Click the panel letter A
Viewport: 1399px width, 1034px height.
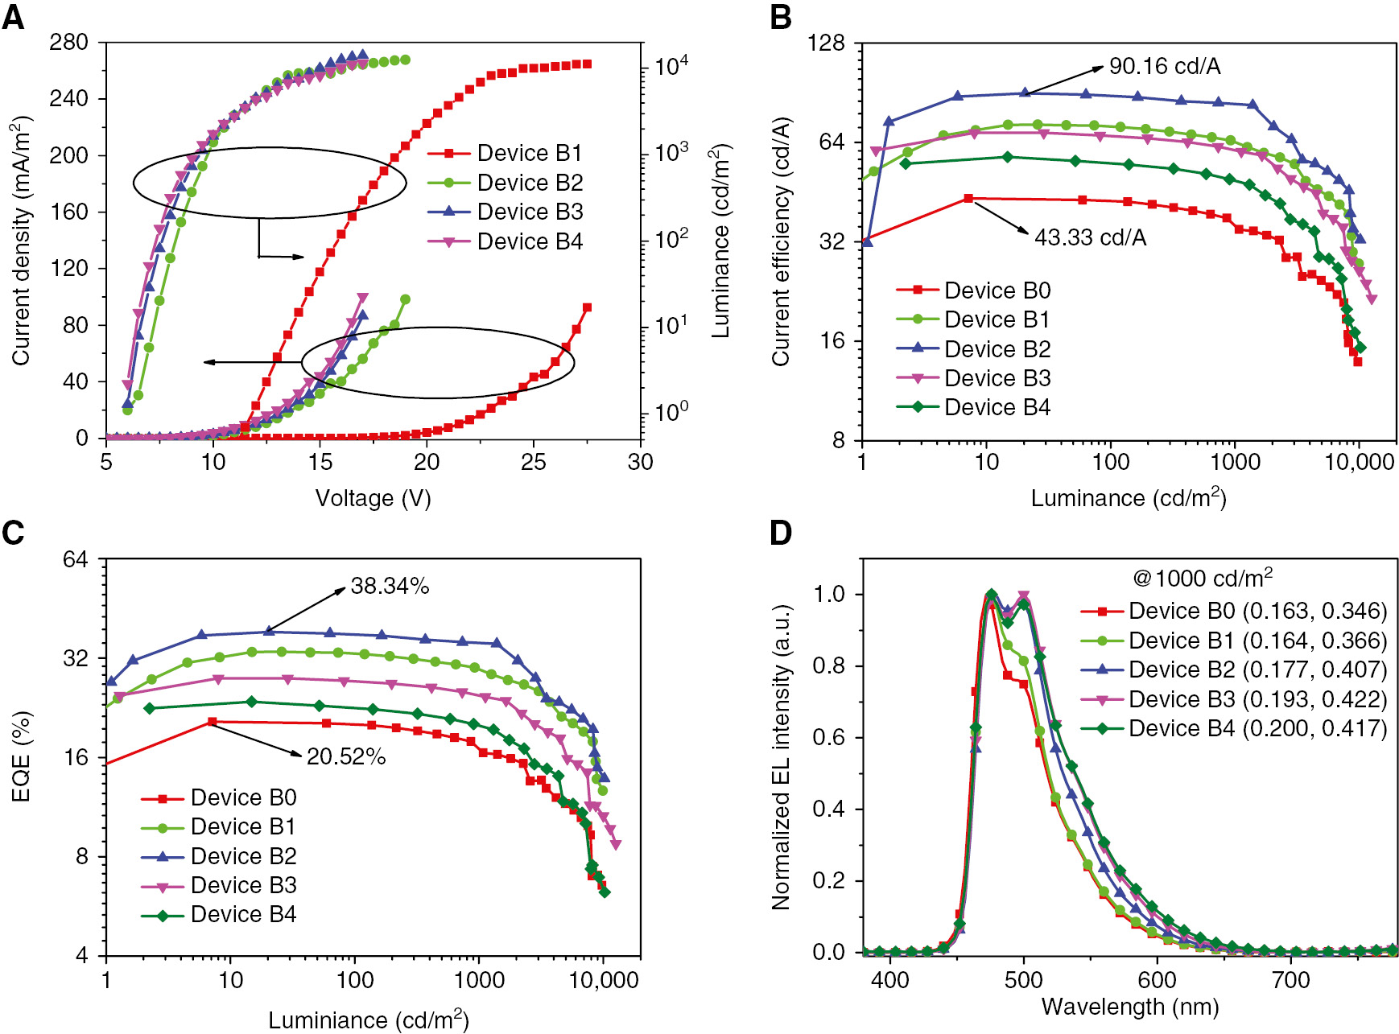pos(14,17)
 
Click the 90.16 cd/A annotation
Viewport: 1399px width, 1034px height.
pos(1164,67)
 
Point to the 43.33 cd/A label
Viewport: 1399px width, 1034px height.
pos(1090,237)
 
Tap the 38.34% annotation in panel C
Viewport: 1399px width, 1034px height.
pos(390,587)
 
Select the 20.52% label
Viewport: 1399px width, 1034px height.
pos(346,757)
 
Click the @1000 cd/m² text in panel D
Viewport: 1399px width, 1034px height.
pos(1203,579)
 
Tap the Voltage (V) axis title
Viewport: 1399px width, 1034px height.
pos(373,498)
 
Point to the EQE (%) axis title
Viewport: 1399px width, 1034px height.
pos(22,756)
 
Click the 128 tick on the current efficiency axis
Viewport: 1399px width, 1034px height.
pos(827,42)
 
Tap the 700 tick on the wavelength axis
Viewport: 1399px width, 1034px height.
pos(1290,980)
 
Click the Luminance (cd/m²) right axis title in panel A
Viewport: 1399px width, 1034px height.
pos(720,241)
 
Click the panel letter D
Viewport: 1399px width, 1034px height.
pos(781,533)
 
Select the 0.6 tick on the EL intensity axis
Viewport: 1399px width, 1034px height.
pos(829,738)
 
